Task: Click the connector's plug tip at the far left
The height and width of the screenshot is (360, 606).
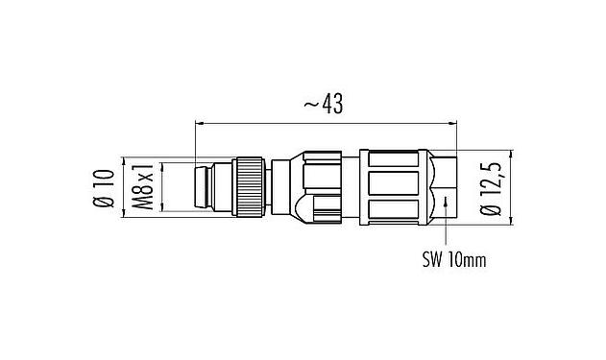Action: (203, 186)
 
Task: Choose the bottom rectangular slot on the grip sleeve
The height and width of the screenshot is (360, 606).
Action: (396, 211)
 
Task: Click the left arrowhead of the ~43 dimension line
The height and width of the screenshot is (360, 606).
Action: (200, 123)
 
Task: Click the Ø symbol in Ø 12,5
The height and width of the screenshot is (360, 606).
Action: (495, 212)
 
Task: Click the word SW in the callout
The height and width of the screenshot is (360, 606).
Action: (432, 259)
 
